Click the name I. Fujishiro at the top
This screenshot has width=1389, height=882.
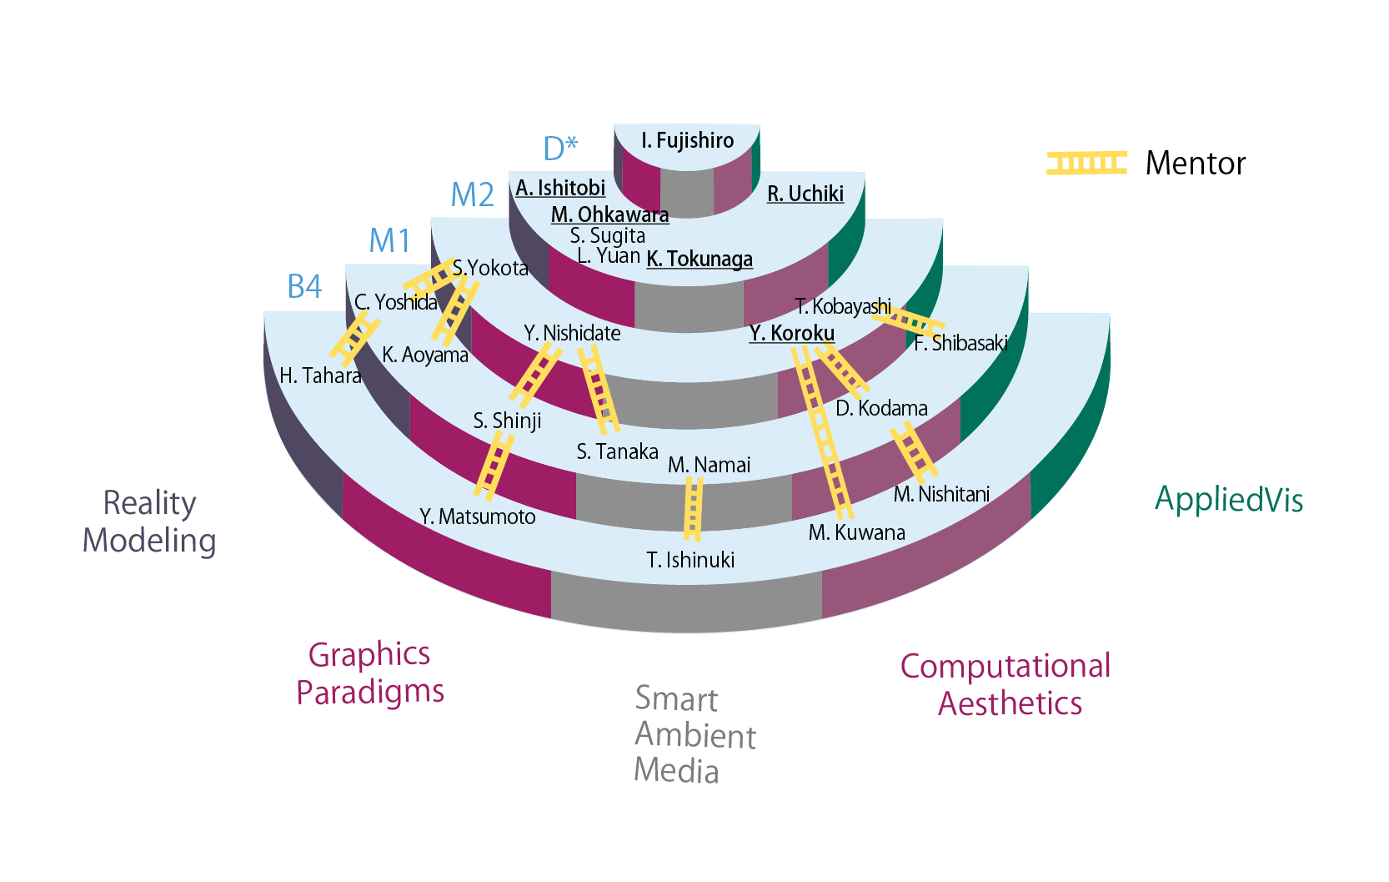tap(687, 140)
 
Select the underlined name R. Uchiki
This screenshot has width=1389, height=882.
tap(805, 194)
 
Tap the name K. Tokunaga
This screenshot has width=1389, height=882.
tap(700, 259)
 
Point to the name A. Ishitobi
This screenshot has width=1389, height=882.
tap(560, 188)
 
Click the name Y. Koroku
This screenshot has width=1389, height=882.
tap(791, 333)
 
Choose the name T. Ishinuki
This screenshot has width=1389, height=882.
tap(690, 559)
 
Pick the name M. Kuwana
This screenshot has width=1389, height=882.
tap(856, 532)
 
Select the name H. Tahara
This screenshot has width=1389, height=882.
tap(320, 375)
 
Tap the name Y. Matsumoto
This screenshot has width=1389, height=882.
tap(477, 517)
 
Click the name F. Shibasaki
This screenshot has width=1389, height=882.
tap(960, 343)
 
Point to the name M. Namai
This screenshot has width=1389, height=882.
tap(709, 465)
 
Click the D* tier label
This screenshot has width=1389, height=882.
tap(560, 149)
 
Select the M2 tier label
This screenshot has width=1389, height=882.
tap(472, 194)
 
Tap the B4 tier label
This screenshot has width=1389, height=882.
tap(304, 286)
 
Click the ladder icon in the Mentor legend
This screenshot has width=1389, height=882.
tap(1086, 163)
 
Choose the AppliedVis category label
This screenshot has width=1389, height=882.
tap(1228, 499)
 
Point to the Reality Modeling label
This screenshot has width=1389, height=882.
tap(149, 522)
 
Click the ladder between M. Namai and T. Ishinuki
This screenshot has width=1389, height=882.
tap(693, 508)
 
